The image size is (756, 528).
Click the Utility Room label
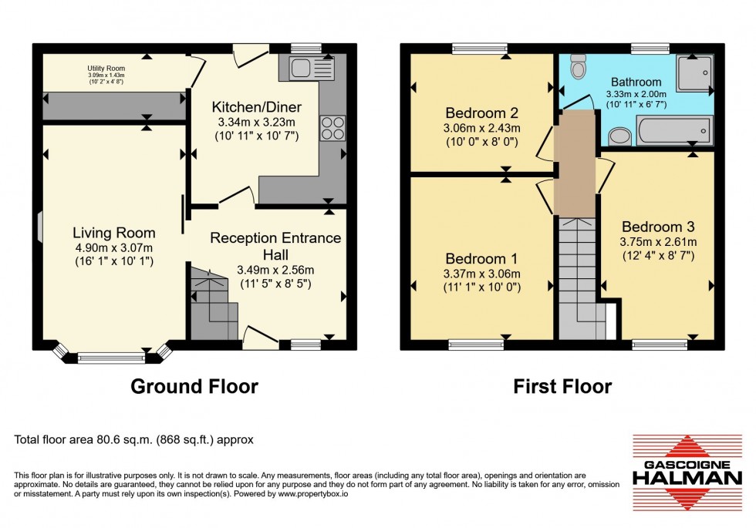[x=106, y=67]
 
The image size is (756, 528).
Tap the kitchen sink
[x=312, y=69]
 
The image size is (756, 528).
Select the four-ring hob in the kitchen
[x=331, y=127]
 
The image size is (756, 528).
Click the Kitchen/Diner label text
[x=246, y=106]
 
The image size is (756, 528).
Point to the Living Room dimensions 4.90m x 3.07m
[x=113, y=247]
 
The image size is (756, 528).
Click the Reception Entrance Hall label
[x=275, y=246]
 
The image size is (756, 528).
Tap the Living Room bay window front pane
[x=111, y=357]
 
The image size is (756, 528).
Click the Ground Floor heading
[x=194, y=386]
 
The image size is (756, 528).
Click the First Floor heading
[x=562, y=386]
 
